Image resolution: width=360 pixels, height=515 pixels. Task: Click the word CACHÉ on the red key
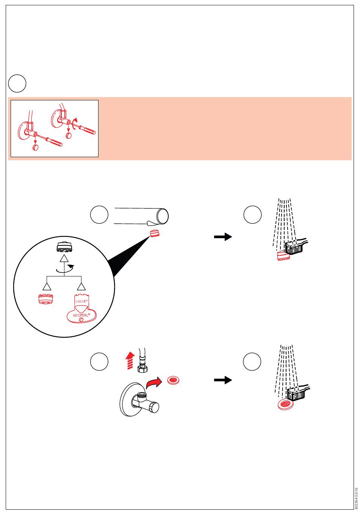pos(81,301)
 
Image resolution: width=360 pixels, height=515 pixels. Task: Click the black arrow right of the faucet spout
pos(223,237)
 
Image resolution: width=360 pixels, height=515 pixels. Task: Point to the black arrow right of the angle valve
pos(223,380)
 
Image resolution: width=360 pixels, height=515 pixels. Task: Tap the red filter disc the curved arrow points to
pos(173,379)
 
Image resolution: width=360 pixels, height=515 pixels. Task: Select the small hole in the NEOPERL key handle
pos(80,320)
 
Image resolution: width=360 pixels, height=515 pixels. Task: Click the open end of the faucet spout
pos(163,215)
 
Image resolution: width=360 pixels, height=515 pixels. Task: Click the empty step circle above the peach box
pos(17,83)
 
